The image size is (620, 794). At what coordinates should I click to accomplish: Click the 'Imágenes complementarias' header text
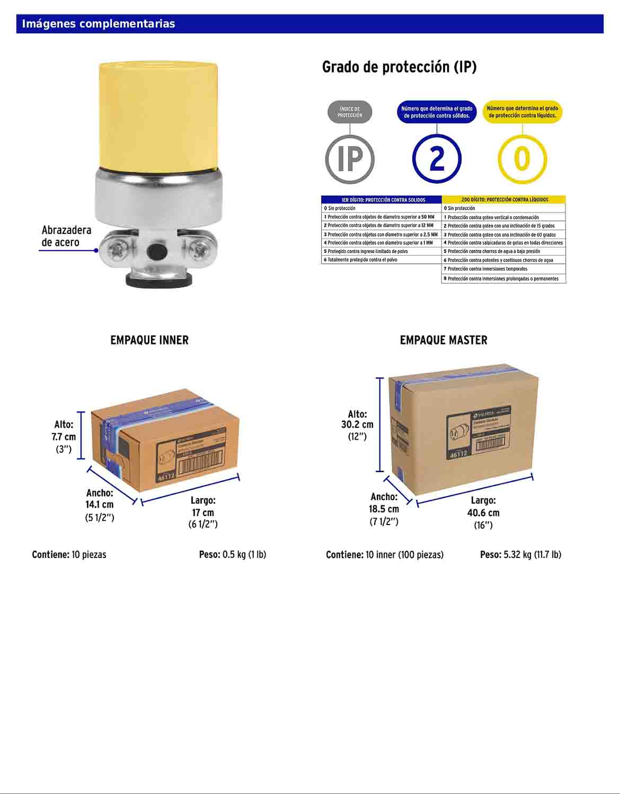[x=99, y=24]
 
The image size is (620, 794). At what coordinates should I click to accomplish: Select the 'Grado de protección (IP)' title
[x=399, y=67]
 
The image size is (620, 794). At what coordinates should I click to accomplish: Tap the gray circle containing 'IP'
[x=350, y=159]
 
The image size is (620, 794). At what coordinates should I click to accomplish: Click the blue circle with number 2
[x=437, y=159]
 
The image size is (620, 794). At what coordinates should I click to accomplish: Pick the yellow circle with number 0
[x=522, y=159]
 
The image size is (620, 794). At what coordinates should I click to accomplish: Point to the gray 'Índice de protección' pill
[x=350, y=112]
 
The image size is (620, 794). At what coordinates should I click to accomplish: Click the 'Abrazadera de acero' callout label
[x=66, y=236]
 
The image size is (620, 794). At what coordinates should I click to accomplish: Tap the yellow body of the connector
[x=158, y=114]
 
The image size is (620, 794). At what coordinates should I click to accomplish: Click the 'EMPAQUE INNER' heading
[x=149, y=340]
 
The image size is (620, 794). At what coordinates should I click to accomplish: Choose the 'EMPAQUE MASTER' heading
[x=444, y=340]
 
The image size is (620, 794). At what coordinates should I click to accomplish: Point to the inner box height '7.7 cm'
[x=64, y=437]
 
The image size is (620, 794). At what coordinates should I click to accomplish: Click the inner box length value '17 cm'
[x=203, y=512]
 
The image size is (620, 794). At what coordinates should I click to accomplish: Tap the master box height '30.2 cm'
[x=357, y=425]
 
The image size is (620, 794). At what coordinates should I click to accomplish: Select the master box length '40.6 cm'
[x=483, y=512]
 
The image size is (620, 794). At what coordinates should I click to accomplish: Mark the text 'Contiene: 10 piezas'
[x=69, y=555]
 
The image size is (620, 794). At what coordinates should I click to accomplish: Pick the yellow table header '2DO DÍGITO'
[x=503, y=200]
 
